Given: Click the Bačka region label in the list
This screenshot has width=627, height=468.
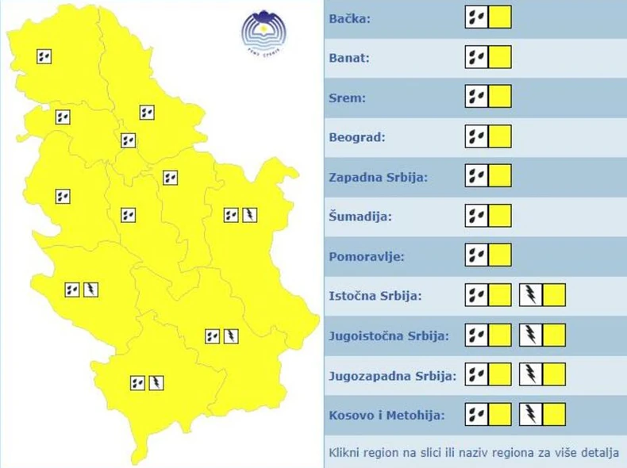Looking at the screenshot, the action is click(x=349, y=18).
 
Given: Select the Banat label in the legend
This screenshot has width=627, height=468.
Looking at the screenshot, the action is click(x=349, y=58).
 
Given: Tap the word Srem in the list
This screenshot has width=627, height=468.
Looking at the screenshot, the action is click(x=347, y=98).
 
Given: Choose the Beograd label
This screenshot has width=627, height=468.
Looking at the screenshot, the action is click(x=356, y=137).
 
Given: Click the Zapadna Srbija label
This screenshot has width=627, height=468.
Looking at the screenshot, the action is click(x=378, y=177).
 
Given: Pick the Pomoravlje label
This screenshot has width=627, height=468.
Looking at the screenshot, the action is click(x=367, y=256).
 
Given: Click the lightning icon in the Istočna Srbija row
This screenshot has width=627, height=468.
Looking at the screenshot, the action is click(x=530, y=295).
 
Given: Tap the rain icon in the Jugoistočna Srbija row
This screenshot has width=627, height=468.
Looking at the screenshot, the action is click(x=476, y=335).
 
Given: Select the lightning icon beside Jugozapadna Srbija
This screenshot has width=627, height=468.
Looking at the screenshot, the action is click(x=530, y=374).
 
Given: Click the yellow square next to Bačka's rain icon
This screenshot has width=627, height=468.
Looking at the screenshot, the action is click(x=500, y=17).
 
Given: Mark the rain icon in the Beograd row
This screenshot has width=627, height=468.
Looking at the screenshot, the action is click(x=476, y=136).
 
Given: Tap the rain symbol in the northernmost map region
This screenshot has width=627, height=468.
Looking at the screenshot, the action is click(x=44, y=56).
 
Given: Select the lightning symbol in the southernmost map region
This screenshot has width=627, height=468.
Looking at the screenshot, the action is click(x=156, y=383).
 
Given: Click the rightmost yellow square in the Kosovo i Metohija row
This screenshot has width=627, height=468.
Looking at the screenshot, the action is click(x=554, y=414).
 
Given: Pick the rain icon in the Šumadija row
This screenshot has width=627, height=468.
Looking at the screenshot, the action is click(x=476, y=216).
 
